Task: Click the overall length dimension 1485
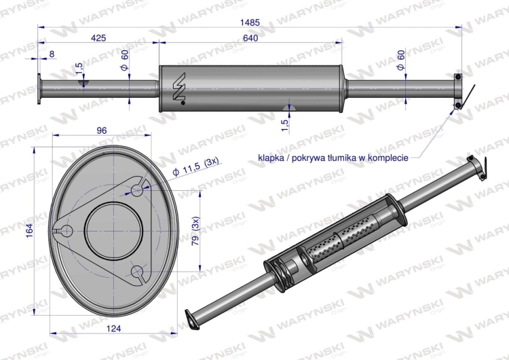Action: (x=250, y=22)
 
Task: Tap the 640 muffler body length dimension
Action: (x=250, y=38)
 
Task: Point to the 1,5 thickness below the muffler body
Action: (x=284, y=124)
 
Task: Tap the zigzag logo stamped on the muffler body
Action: (x=179, y=88)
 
